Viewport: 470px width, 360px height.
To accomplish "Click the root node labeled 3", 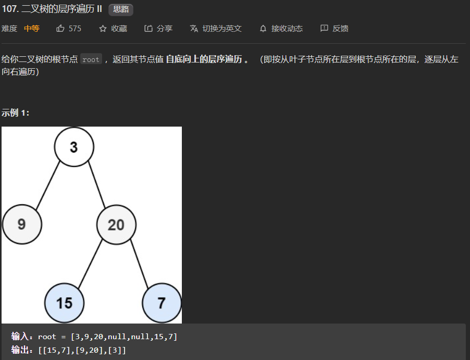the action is pos(74,147).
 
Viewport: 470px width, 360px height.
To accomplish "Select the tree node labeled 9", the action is pos(21,225).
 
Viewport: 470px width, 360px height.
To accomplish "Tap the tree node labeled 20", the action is pos(116,225).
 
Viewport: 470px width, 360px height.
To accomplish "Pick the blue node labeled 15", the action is pos(64,303).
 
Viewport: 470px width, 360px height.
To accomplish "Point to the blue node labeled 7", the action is pos(162,303).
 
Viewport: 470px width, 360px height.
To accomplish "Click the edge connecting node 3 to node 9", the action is pos(47,186).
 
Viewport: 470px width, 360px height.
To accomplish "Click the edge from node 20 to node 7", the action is pos(139,263).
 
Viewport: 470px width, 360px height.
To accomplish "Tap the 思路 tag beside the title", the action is pos(120,10).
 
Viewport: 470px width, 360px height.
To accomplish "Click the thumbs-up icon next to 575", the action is pos(60,29).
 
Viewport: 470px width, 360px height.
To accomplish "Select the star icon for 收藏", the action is pos(103,29).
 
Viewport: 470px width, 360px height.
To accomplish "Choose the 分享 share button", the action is pos(158,29).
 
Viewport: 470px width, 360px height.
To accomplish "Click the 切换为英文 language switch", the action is pos(216,29).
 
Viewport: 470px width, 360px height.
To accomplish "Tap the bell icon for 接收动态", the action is pos(263,29).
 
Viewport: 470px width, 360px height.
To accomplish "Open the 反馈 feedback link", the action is pos(335,29).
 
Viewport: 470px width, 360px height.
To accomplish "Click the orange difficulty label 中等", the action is pos(32,29).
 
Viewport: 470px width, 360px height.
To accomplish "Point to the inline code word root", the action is pos(91,59).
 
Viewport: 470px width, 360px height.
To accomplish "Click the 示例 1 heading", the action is pos(15,113).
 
